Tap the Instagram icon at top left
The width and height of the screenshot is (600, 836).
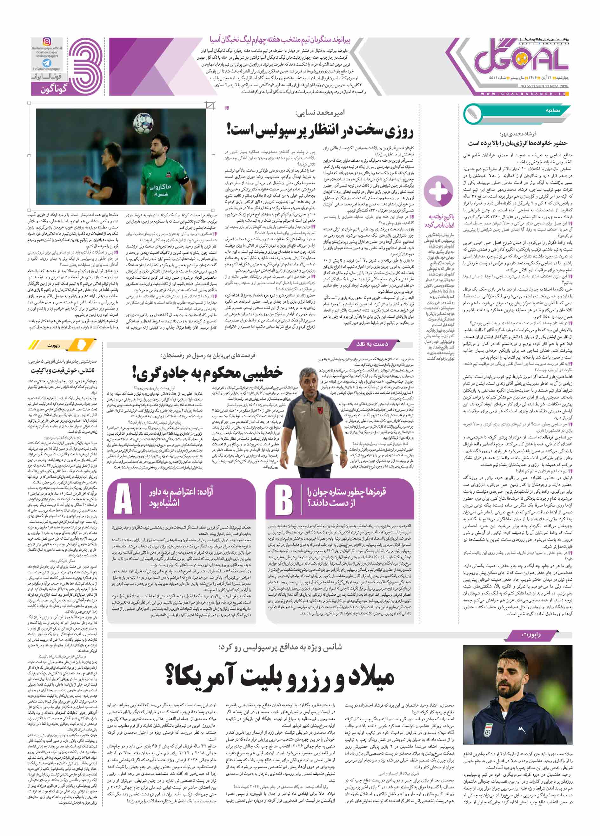(47, 41)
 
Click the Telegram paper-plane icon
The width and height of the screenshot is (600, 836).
(46, 63)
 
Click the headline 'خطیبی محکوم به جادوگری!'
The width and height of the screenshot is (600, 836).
(208, 373)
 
